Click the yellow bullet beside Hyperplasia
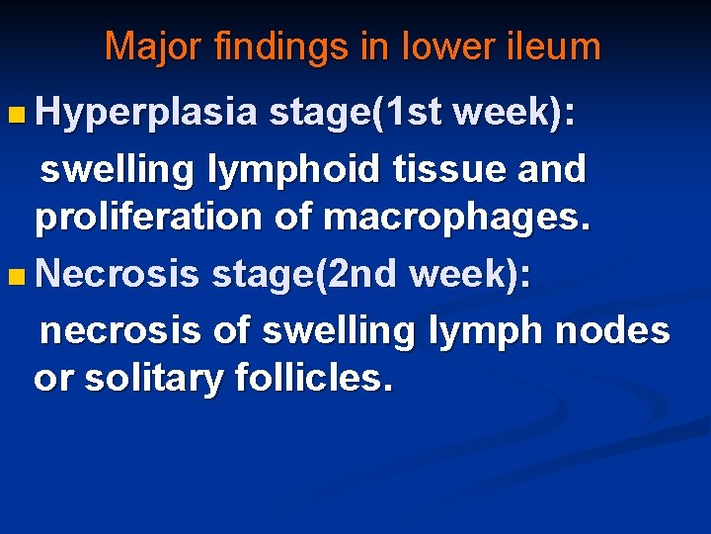click(x=16, y=115)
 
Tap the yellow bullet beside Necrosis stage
click(x=16, y=277)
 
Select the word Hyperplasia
click(x=146, y=113)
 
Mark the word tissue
click(x=449, y=168)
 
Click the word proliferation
click(x=148, y=219)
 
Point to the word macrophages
click(x=456, y=219)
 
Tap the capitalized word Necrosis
click(x=117, y=273)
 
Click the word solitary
click(x=153, y=380)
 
